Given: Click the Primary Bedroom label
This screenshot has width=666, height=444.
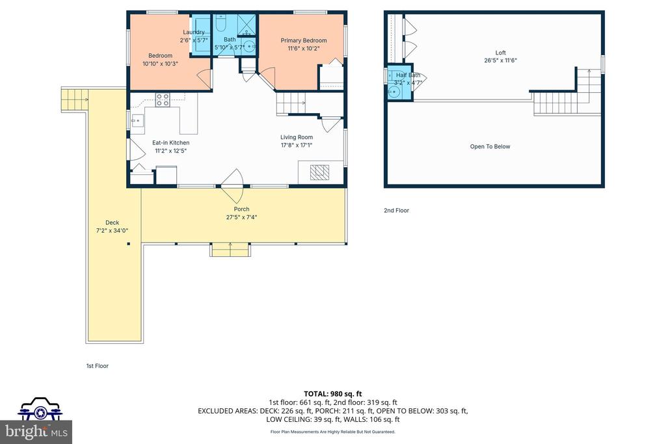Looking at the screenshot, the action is click(304, 40).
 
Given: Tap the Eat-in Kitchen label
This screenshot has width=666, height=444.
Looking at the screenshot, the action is click(171, 142).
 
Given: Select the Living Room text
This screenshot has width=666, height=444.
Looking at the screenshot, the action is click(297, 137).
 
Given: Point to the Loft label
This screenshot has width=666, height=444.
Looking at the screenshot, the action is click(501, 53).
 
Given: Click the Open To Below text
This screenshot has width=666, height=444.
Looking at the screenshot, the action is click(490, 146).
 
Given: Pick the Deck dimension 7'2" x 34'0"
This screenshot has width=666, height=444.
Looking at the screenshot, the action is click(112, 231).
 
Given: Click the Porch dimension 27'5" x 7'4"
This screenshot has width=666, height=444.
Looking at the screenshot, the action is click(241, 217).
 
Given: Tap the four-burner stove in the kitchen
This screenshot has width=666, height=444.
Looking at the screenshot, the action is click(163, 100).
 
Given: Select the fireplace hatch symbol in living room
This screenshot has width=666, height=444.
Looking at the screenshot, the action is click(319, 172).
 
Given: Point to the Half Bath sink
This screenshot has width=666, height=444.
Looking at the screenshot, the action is click(394, 92).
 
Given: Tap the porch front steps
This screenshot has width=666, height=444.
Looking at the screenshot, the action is click(230, 250).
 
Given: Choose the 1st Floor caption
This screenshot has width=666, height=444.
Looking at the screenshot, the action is click(98, 366).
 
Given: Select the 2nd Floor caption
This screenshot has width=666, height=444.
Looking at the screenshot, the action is click(396, 210).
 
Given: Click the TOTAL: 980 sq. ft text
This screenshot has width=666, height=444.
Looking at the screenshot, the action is click(332, 394).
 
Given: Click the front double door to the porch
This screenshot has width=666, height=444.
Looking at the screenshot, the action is click(232, 186).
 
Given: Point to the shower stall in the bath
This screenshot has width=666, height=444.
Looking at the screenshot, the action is click(246, 25).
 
